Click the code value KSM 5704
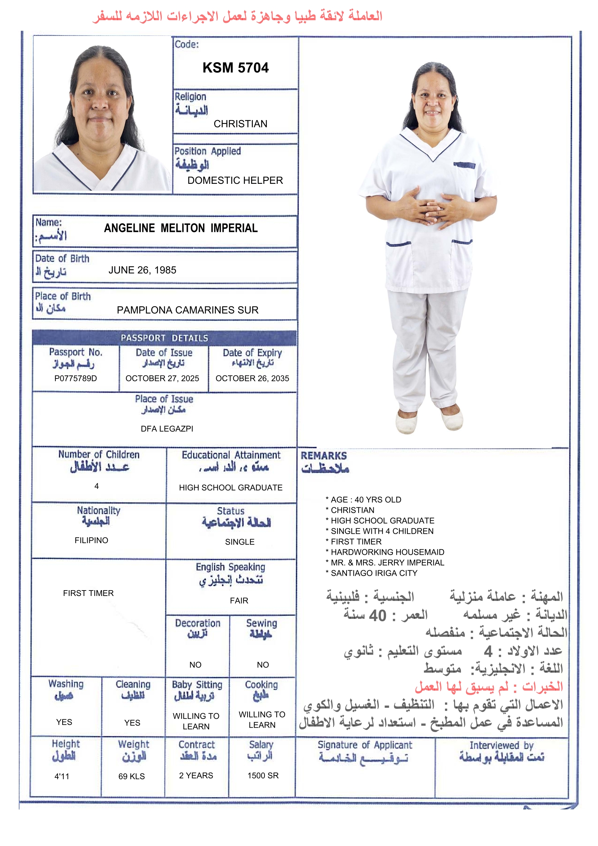click(236, 68)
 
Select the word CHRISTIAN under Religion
click(240, 124)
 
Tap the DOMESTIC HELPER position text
click(235, 181)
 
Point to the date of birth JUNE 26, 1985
click(142, 270)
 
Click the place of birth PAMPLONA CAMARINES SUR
click(187, 310)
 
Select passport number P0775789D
click(76, 378)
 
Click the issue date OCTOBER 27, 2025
click(162, 378)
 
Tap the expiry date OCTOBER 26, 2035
click(252, 378)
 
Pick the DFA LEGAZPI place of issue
click(167, 428)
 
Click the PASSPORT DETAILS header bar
click(164, 338)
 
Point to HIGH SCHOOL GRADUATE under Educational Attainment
click(231, 487)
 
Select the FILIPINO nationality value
click(92, 540)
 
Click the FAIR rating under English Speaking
click(239, 601)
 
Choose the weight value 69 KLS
click(132, 777)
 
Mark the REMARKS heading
click(323, 456)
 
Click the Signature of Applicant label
click(365, 745)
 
